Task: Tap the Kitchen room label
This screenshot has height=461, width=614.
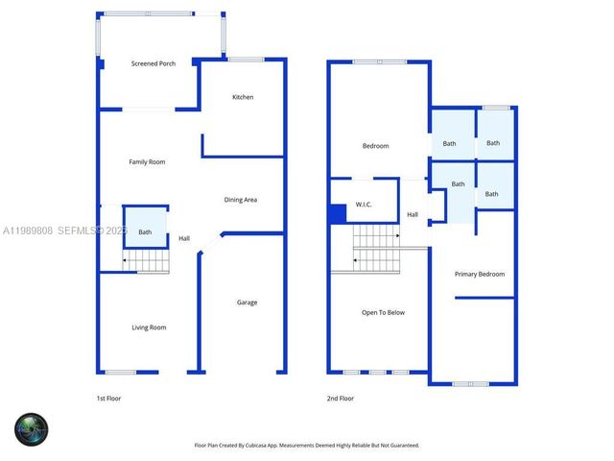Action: click(x=243, y=97)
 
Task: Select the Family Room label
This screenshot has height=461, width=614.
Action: click(x=147, y=162)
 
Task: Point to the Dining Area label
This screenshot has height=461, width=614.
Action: click(x=241, y=200)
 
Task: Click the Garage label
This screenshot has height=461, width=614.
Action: click(x=247, y=303)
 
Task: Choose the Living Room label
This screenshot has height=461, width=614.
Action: click(x=149, y=328)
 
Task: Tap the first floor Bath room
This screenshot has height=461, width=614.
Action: click(x=145, y=231)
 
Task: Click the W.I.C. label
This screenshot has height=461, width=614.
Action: click(x=364, y=205)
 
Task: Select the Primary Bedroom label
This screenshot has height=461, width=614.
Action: click(x=479, y=275)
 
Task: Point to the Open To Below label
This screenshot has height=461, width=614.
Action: click(x=383, y=313)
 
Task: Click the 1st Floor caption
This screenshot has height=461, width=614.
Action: click(x=108, y=398)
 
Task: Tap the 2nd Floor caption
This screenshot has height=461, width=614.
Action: click(x=341, y=398)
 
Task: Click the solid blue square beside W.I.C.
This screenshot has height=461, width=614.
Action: click(x=338, y=214)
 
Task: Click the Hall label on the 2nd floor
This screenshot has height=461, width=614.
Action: click(x=412, y=214)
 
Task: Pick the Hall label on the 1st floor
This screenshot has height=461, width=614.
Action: click(x=183, y=238)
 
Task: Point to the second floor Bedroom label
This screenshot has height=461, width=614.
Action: click(x=375, y=146)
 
